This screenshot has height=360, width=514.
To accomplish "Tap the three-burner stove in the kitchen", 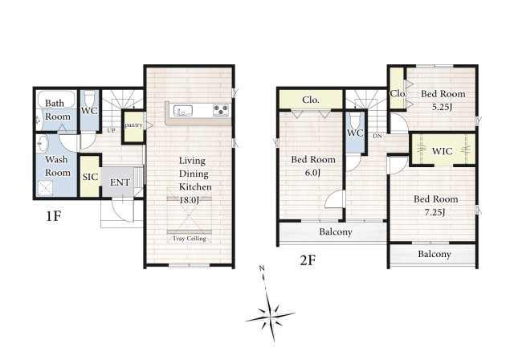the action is click(x=221, y=110).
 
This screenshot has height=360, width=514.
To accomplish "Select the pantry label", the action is click(x=134, y=125).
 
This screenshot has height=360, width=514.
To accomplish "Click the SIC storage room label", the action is click(x=90, y=177).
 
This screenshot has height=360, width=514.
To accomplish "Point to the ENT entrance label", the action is click(x=120, y=182).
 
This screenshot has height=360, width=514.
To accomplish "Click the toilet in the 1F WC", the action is click(x=89, y=97).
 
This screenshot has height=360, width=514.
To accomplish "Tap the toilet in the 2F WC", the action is click(x=355, y=120).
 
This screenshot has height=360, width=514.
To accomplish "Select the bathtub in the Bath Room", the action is click(x=56, y=98).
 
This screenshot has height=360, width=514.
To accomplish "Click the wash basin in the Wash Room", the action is click(x=42, y=145).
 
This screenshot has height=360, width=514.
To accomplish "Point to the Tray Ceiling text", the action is click(x=190, y=239).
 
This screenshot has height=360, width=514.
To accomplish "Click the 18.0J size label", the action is click(x=189, y=200).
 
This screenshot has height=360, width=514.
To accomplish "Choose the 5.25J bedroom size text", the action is click(x=443, y=107).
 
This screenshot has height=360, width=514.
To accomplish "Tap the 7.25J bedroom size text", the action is click(x=434, y=212).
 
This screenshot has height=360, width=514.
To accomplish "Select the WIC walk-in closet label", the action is click(x=442, y=151).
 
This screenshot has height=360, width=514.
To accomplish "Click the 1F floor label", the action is click(x=54, y=216).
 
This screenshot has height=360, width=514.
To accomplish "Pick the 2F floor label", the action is click(x=308, y=260).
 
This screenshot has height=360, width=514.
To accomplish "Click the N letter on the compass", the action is click(x=262, y=268).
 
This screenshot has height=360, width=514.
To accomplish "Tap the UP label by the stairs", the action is click(x=111, y=130).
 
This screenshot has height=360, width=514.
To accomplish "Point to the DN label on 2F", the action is click(x=377, y=136).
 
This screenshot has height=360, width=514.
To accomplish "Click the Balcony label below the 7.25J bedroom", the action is click(x=434, y=254).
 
